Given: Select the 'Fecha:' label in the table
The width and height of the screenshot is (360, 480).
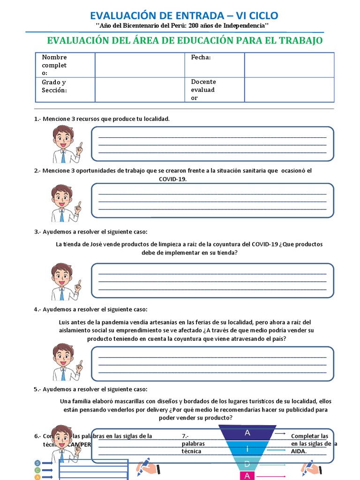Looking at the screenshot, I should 201,57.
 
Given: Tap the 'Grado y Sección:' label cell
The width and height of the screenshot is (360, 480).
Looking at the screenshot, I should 54,86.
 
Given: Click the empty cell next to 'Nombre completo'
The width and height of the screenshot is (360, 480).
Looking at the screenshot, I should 140,65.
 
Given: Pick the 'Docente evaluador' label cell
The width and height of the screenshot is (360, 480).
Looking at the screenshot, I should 203,90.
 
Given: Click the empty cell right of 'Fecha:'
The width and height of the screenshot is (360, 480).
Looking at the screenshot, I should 289,65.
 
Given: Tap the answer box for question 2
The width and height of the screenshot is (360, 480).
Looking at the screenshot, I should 212,201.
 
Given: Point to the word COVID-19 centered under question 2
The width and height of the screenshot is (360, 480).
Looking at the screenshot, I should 172,179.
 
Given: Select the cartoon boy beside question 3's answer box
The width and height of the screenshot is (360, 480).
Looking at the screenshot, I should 65,281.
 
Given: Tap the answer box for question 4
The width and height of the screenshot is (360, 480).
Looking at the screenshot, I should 212,364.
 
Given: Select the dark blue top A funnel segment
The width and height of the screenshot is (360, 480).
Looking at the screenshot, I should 247,433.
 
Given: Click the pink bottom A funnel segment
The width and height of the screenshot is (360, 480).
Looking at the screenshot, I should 247,476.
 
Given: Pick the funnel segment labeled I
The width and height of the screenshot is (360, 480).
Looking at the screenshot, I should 247,449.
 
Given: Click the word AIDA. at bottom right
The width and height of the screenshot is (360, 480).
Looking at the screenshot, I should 299,451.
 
